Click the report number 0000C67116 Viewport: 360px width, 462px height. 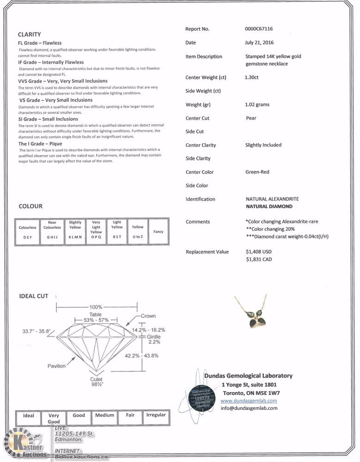(x=259, y=29)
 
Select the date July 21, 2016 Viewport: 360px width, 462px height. (x=259, y=43)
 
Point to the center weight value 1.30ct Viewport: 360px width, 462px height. (x=252, y=77)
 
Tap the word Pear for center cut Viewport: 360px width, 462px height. (x=251, y=118)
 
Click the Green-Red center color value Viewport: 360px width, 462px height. (x=257, y=172)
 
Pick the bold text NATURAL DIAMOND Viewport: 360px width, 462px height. (x=269, y=207)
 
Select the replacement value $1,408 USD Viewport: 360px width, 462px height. (x=259, y=252)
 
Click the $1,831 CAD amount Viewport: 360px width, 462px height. (x=259, y=260)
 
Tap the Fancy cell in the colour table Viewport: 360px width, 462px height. (x=158, y=232)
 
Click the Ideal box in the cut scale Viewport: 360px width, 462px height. (x=29, y=415)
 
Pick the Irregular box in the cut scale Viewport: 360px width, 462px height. (x=156, y=415)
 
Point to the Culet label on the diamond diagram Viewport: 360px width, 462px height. (x=96, y=379)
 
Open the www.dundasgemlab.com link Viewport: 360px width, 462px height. (x=249, y=401)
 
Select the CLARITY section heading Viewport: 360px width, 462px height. (x=30, y=34)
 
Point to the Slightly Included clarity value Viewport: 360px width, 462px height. (x=263, y=145)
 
